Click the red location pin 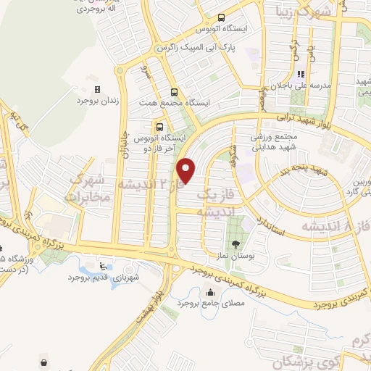coord(188,170)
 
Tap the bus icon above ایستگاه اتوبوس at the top coord(220,18)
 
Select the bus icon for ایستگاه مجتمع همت coord(173,92)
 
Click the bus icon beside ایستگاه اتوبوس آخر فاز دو coord(159,125)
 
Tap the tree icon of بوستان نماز coord(236,243)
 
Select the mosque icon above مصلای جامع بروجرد coord(211,293)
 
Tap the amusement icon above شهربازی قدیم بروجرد coord(103,265)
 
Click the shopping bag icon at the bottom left coord(46,360)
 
